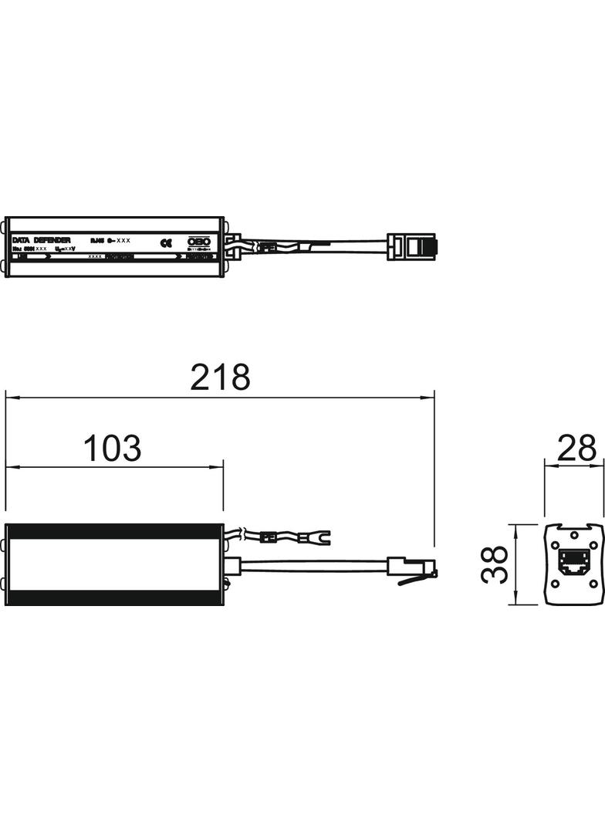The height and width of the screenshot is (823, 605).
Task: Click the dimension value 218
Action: pyautogui.click(x=221, y=377)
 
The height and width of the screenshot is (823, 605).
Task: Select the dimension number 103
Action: pyautogui.click(x=113, y=448)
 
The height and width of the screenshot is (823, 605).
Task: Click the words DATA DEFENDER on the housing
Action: pyautogui.click(x=42, y=241)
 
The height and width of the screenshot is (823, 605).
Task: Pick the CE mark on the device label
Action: pyautogui.click(x=165, y=242)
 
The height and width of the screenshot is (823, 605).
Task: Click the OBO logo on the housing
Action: pyautogui.click(x=199, y=242)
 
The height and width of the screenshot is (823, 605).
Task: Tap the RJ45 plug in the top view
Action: pyautogui.click(x=413, y=246)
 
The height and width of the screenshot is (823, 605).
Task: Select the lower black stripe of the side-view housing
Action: pyautogui.click(x=114, y=598)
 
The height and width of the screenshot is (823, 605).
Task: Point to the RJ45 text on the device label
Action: pyautogui.click(x=96, y=240)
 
